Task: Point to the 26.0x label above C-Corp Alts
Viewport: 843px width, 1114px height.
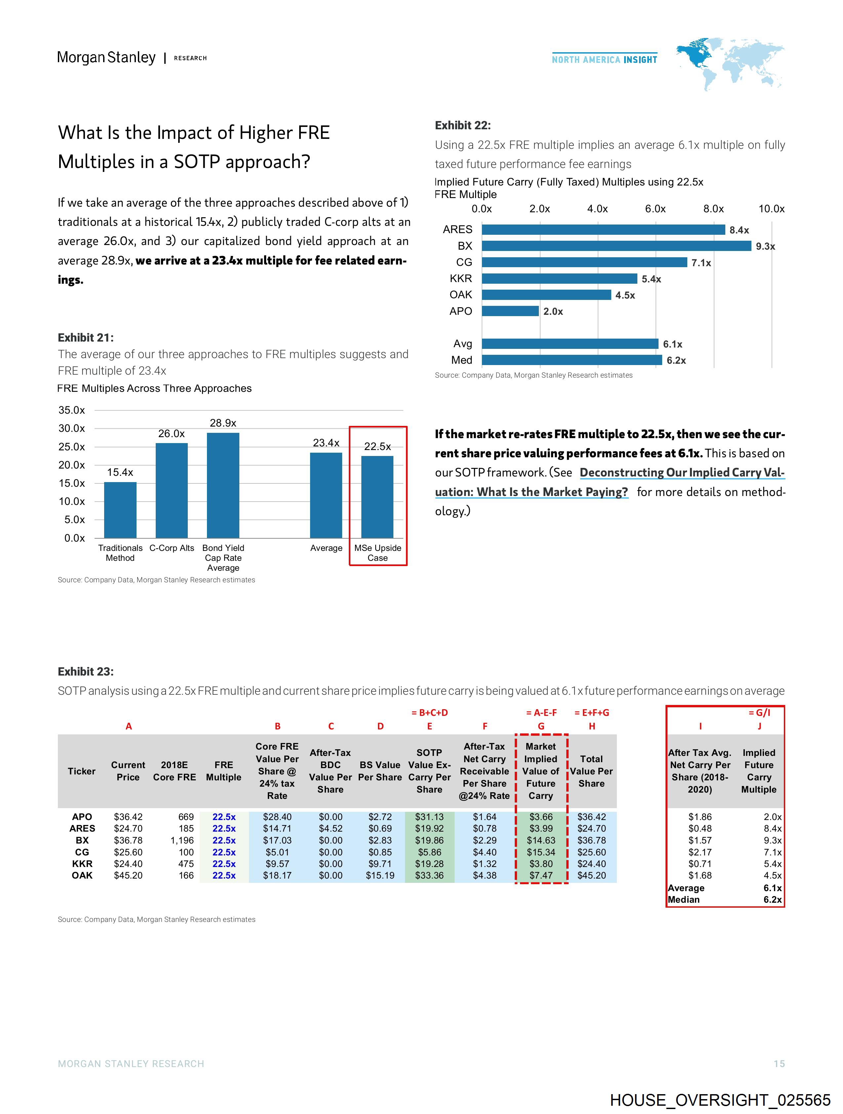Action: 171,433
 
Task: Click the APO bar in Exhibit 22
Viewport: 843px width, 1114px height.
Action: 510,311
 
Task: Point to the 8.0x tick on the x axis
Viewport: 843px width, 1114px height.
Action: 713,209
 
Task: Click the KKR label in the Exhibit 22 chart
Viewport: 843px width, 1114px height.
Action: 461,278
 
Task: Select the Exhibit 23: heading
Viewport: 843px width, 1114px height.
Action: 86,671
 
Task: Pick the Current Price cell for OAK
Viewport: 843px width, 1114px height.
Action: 128,875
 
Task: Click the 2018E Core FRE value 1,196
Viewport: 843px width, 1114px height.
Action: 182,840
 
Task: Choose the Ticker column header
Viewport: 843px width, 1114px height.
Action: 82,771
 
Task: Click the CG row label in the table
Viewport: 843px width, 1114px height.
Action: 82,852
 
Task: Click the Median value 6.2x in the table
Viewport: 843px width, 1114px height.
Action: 772,899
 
